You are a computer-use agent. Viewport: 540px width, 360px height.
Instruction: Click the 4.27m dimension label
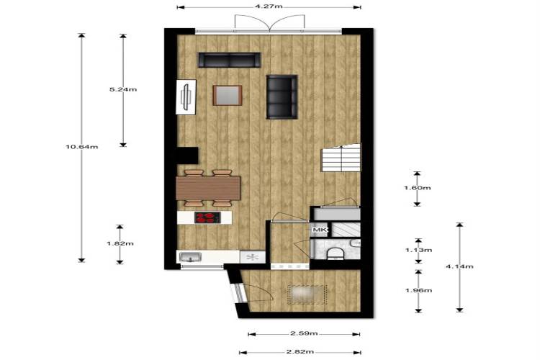(270, 6)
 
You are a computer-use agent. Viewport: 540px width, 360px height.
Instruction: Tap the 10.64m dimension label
(82, 147)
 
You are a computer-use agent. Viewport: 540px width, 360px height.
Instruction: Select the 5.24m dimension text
(123, 89)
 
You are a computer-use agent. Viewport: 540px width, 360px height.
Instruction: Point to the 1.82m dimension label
(120, 243)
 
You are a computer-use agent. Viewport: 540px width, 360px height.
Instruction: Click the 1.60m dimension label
(417, 188)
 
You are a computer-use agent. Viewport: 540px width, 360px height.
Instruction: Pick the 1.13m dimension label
(418, 250)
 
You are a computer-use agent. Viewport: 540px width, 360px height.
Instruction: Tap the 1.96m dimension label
(418, 290)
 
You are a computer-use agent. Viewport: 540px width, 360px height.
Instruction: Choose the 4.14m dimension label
(459, 266)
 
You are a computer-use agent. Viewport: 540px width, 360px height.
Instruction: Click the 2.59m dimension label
(304, 333)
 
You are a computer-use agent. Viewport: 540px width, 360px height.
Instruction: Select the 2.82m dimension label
(300, 352)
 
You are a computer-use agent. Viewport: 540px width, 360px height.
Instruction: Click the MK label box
(319, 230)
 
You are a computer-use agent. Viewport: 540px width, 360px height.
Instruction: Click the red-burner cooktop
(207, 217)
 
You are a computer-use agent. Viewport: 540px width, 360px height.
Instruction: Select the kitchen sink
(191, 257)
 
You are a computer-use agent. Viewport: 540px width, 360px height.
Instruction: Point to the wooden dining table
(208, 188)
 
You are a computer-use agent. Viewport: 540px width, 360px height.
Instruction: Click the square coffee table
(228, 95)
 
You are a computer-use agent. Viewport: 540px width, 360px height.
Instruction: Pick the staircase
(341, 158)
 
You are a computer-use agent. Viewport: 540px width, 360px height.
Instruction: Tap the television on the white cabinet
(186, 97)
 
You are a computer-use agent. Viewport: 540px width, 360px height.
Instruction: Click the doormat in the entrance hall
(307, 294)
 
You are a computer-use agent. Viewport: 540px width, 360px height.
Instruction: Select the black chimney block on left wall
(188, 156)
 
